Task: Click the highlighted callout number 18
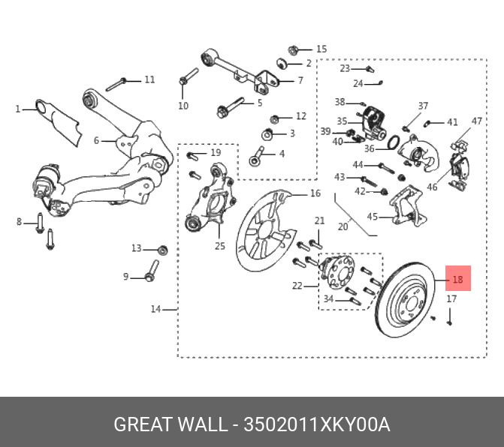point(458,281)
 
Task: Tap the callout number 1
point(18,109)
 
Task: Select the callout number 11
point(149,79)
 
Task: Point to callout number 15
point(321,49)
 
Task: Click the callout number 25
point(219,246)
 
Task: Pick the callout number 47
point(477,121)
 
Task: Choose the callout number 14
point(155,309)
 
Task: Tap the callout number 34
point(327,300)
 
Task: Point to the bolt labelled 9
point(151,271)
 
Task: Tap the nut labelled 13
point(164,249)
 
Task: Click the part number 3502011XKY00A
point(317,425)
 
